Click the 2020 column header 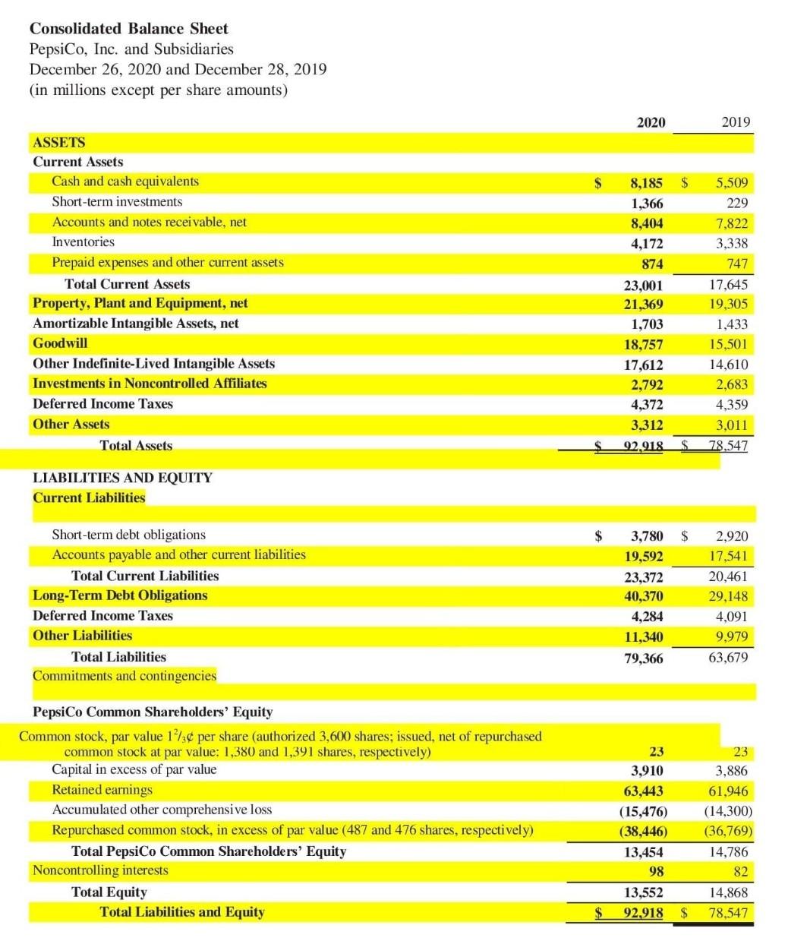click(x=651, y=122)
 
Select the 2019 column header click(x=736, y=122)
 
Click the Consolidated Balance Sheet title click(x=128, y=29)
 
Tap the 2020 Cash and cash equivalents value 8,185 click(x=646, y=183)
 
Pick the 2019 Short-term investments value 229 click(x=736, y=203)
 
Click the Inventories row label click(x=83, y=242)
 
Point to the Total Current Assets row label click(x=127, y=284)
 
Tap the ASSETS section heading click(x=59, y=142)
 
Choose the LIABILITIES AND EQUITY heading click(x=122, y=478)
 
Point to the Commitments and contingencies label click(x=125, y=675)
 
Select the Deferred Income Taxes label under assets click(x=102, y=403)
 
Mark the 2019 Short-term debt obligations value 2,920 click(x=731, y=536)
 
